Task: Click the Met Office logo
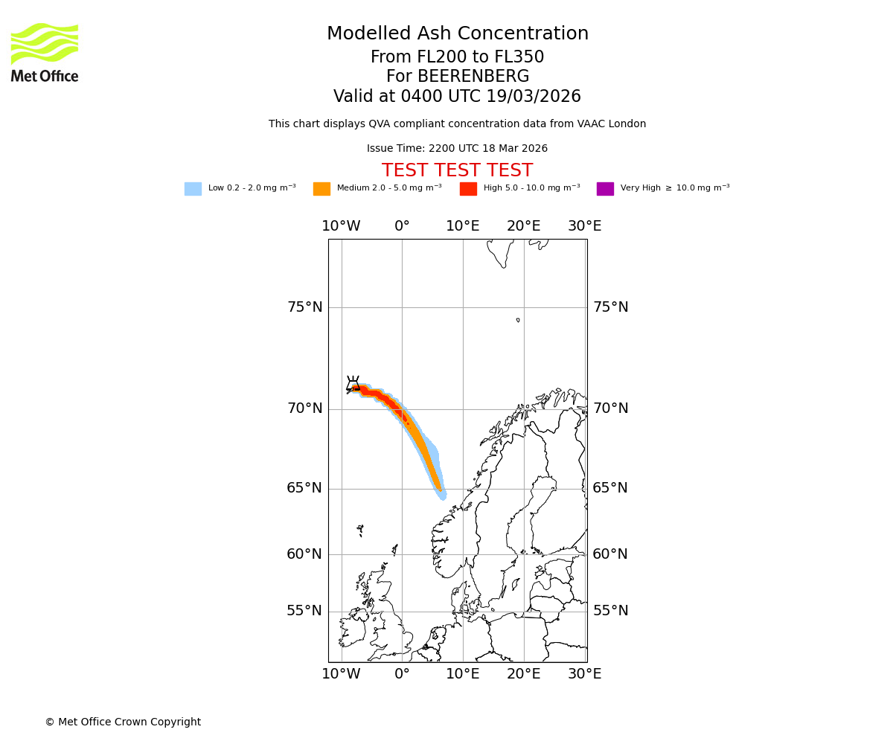tap(45, 52)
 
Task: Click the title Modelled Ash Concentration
tap(457, 34)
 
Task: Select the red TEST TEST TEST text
tap(457, 171)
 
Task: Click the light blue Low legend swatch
tap(193, 189)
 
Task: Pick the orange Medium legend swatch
tap(321, 189)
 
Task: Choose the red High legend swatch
tap(468, 189)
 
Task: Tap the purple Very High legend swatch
tap(605, 189)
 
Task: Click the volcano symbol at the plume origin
tap(353, 384)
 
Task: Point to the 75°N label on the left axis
tap(304, 307)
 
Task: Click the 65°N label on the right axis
tap(610, 488)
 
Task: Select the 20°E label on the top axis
tap(523, 226)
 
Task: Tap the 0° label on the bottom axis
tap(402, 674)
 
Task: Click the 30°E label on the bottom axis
tap(584, 674)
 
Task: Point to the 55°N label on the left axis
tap(304, 611)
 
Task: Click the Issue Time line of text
tap(457, 149)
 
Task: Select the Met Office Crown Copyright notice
tap(123, 722)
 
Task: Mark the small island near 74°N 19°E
tap(518, 320)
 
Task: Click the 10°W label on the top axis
tap(341, 226)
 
